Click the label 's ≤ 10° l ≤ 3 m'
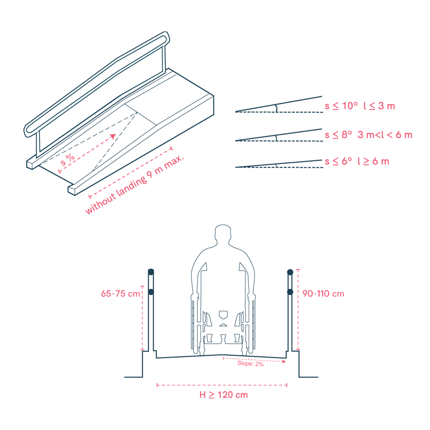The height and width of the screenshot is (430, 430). (x=360, y=106)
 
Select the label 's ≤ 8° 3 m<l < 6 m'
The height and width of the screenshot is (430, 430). (x=369, y=135)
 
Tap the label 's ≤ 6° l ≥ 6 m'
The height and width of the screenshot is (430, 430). (x=357, y=161)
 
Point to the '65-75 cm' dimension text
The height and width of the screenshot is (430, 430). (x=121, y=294)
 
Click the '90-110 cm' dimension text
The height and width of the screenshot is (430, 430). (x=323, y=294)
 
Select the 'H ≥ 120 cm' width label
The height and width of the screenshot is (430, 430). (x=223, y=395)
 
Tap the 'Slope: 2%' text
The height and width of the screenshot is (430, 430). (x=250, y=363)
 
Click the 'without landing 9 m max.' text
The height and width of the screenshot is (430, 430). (x=134, y=184)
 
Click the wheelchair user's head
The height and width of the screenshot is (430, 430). (x=223, y=233)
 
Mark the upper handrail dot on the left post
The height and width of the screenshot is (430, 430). (x=151, y=272)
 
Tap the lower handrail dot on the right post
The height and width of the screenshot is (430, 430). (x=290, y=292)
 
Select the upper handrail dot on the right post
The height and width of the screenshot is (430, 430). (x=290, y=272)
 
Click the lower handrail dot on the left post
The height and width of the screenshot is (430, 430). (x=151, y=292)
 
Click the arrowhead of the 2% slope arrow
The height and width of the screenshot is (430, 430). (x=284, y=362)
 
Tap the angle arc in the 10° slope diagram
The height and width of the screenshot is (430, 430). (x=276, y=108)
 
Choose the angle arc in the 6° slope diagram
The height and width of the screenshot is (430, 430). (x=275, y=165)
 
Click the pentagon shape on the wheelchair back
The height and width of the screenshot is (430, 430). (x=223, y=315)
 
